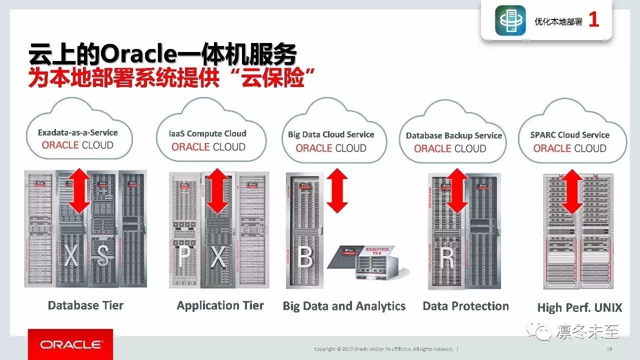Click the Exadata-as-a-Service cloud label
coord(78,133)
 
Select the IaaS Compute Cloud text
coord(207,133)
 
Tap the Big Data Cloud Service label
coord(331,134)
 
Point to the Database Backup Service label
coord(453,135)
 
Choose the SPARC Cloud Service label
coord(569,135)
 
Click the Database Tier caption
coord(85,305)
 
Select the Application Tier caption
coord(220,305)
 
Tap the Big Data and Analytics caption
coord(344,306)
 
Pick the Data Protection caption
coord(465,306)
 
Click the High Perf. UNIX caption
coord(579,308)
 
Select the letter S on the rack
coord(102,256)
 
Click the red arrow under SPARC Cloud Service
coord(572,191)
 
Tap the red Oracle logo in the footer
coord(70,344)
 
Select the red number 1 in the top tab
coord(593,20)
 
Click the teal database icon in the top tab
coord(510,20)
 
